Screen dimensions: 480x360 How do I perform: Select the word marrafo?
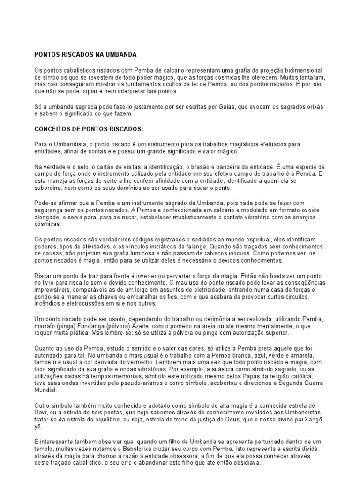(x=47, y=326)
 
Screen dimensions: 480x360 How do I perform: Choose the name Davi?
(x=42, y=412)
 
